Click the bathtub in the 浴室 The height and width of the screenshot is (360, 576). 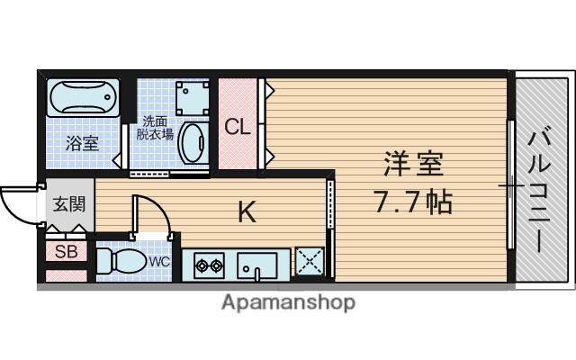pyautogui.click(x=82, y=97)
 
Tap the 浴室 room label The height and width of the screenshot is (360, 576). pyautogui.click(x=82, y=142)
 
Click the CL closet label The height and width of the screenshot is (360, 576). pyautogui.click(x=237, y=126)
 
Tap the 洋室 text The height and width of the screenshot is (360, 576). pyautogui.click(x=413, y=166)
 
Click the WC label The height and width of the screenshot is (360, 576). pyautogui.click(x=159, y=262)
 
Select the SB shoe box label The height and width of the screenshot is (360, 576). pyautogui.click(x=67, y=252)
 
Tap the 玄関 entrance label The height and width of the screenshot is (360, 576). pyautogui.click(x=68, y=204)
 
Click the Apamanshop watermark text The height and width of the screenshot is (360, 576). pyautogui.click(x=288, y=302)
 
